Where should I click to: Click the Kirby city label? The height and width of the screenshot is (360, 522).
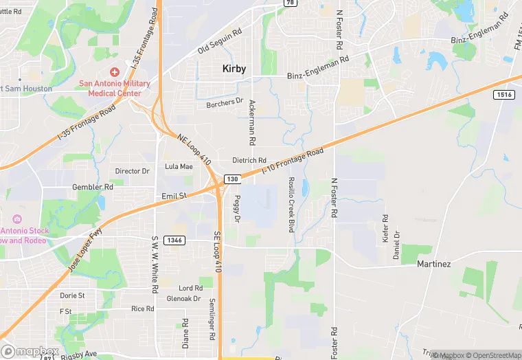[234, 69]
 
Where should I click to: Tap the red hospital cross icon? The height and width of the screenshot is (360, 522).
[114, 72]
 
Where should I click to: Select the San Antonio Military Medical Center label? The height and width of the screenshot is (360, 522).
[114, 88]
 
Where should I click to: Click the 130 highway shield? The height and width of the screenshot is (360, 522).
[232, 179]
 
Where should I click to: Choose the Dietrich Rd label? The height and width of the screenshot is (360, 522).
[249, 160]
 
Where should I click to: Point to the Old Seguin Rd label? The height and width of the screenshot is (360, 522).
[220, 41]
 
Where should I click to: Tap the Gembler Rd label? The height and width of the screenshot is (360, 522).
[95, 186]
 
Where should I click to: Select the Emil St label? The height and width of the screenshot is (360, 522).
[174, 196]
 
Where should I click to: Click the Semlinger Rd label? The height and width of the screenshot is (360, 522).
[213, 319]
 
